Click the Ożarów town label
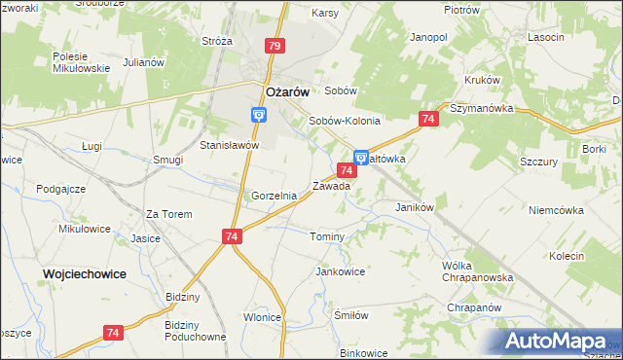pos(287,91)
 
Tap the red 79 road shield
pos(275,46)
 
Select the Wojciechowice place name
pos(85,274)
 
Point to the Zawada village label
pos(331,186)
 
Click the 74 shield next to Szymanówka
pos(427,119)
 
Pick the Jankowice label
pos(340,271)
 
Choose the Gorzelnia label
pos(274,196)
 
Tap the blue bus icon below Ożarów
pos(259,115)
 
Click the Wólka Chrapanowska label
pos(477,271)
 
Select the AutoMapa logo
pos(562,341)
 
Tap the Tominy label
pos(327,237)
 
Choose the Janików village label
pos(414,207)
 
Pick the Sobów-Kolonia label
pos(345,122)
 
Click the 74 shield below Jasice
pos(231,235)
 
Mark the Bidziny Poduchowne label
pos(196,331)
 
